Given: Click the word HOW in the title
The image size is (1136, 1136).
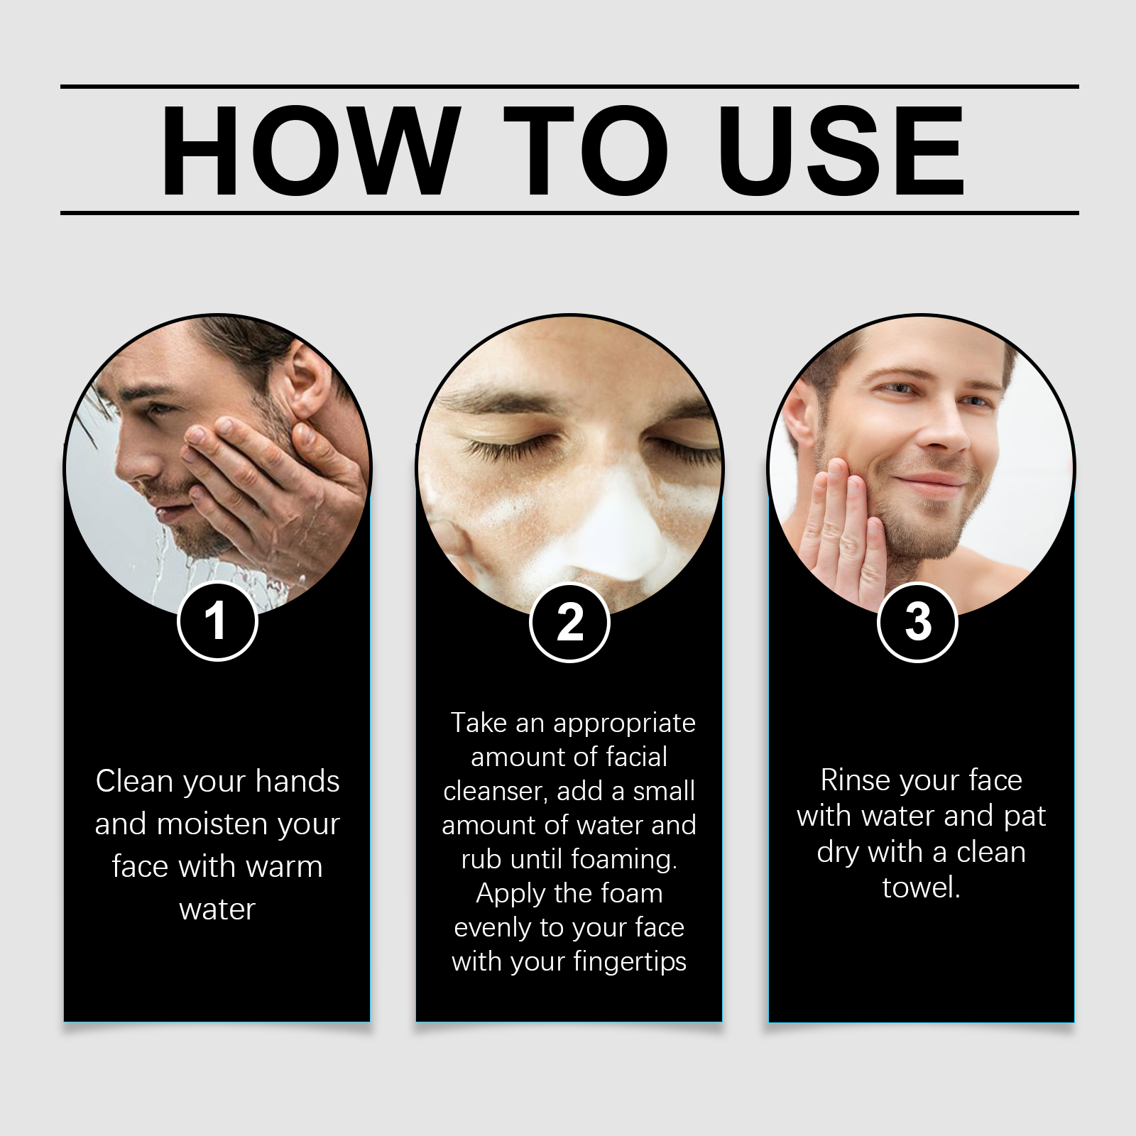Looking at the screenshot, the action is tap(310, 151).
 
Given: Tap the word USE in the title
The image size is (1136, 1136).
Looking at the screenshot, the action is tap(841, 151).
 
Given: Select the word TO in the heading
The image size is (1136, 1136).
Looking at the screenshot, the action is tap(586, 151).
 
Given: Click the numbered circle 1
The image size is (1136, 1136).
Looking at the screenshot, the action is tap(217, 622).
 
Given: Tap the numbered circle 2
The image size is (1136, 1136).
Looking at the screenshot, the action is tap(569, 623).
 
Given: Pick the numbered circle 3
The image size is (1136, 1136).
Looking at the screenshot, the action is tap(917, 623).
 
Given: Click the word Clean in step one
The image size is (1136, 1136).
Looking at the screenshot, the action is tap(136, 781).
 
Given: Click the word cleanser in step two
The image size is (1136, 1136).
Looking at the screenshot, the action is tap(495, 792).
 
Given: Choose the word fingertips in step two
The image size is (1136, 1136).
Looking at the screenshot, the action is tap(630, 962).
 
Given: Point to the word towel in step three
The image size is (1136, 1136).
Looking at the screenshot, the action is tap(920, 888).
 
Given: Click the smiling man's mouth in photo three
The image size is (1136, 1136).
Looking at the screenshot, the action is tap(930, 484).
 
